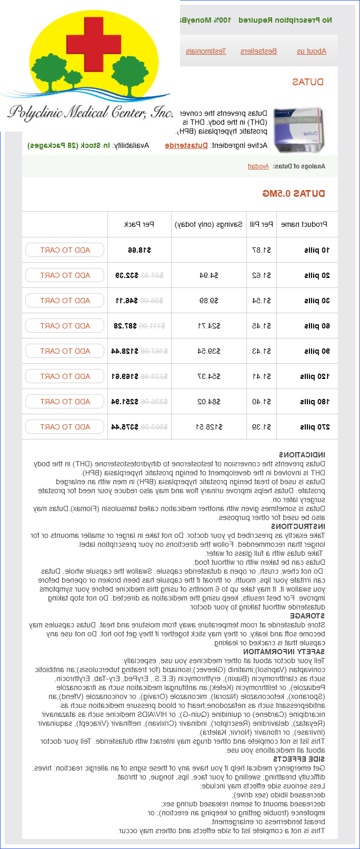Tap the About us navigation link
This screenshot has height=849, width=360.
pyautogui.click(x=312, y=51)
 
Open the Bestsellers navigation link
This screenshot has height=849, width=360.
pyautogui.click(x=258, y=51)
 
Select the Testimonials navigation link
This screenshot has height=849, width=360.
pyautogui.click(x=206, y=51)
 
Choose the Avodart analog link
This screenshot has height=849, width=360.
pyautogui.click(x=258, y=166)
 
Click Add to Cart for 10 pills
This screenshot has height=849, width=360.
pyautogui.click(x=65, y=250)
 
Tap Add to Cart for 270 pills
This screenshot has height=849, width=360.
pyautogui.click(x=65, y=427)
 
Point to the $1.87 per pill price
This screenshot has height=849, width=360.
pyautogui.click(x=262, y=250)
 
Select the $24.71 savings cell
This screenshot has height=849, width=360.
pyautogui.click(x=209, y=326)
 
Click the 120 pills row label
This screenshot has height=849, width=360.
pyautogui.click(x=315, y=376)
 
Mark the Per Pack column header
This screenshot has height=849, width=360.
pyautogui.click(x=139, y=224)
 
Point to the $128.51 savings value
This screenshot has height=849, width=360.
pyautogui.click(x=209, y=427)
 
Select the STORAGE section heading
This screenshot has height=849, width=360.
pyautogui.click(x=307, y=616)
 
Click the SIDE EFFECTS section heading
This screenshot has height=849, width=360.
pyautogui.click(x=299, y=759)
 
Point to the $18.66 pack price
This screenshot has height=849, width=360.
pyautogui.click(x=139, y=250)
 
